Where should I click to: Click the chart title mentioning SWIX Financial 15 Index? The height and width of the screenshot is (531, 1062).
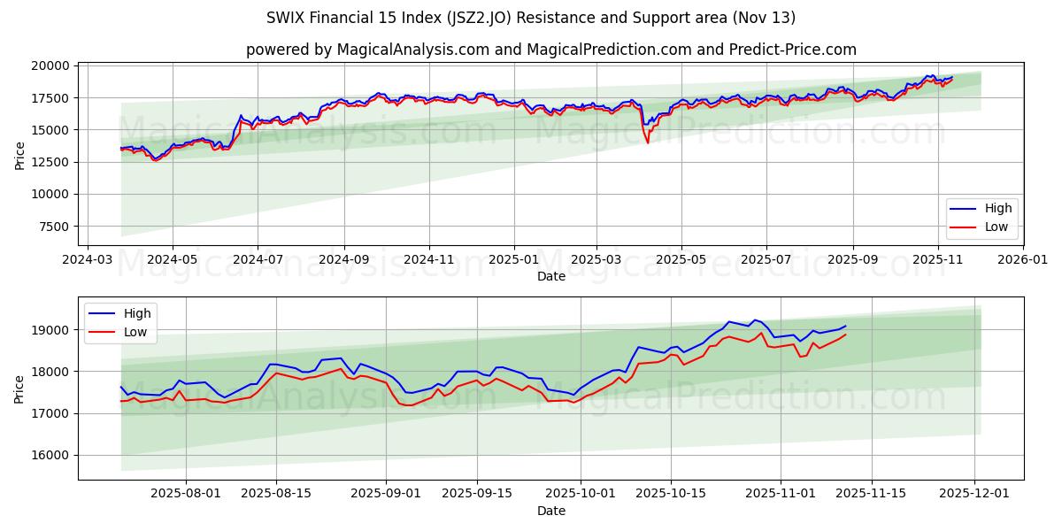click(531, 18)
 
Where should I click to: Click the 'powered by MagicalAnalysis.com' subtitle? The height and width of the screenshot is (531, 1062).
click(550, 50)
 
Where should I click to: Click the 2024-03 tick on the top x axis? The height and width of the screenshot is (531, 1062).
click(87, 260)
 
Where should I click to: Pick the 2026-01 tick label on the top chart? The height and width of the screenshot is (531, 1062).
click(1023, 260)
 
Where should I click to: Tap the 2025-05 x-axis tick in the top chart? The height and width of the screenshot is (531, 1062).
click(681, 260)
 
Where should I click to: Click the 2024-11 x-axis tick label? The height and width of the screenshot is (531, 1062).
click(428, 260)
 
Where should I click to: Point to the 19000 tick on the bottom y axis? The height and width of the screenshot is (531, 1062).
click(52, 330)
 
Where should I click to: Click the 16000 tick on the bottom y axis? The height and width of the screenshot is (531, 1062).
click(52, 455)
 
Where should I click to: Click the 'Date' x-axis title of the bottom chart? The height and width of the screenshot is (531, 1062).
click(550, 512)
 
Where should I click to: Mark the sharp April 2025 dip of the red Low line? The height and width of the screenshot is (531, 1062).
click(648, 142)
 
